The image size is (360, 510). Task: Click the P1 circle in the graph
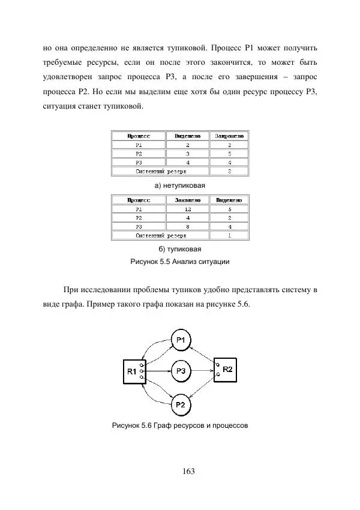pos(180,340)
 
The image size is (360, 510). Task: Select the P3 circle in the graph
pos(180,371)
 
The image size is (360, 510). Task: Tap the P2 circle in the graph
pos(180,404)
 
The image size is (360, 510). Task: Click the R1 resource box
pos(132,372)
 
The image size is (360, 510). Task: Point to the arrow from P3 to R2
pos(202,371)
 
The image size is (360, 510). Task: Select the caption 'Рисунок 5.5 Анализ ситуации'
pos(180,262)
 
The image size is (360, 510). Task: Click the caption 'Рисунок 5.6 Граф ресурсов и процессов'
pos(180,426)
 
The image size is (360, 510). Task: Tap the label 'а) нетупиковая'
pos(180,186)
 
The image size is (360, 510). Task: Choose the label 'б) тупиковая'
pos(180,249)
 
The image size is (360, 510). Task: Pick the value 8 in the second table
pos(188,227)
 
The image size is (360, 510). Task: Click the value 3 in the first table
pos(188,153)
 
